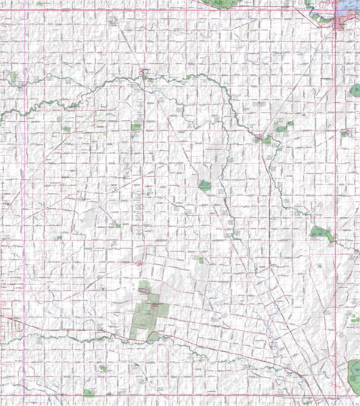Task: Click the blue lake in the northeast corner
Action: pos(349,10)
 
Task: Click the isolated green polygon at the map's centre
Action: pos(205,185)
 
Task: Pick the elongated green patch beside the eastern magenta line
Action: pos(321,233)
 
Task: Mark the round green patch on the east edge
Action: pos(355,91)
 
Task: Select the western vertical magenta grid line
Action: pos(25,203)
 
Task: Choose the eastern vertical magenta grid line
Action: pos(334,203)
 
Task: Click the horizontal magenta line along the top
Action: pos(180,9)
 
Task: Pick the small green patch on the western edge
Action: pos(13,77)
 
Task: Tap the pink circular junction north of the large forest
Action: pos(140,263)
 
